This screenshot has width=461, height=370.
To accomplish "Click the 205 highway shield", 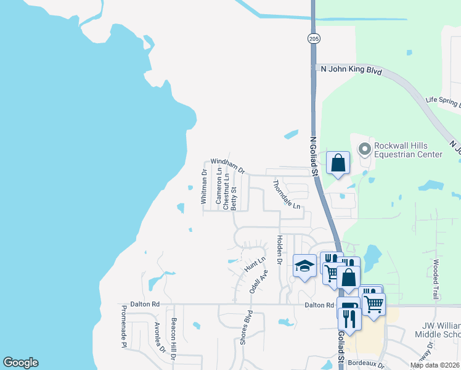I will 314,38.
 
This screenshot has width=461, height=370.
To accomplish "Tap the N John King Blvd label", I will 351,70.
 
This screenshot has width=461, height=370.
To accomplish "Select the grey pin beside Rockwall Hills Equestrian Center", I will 364,148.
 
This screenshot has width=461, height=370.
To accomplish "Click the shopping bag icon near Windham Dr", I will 338,163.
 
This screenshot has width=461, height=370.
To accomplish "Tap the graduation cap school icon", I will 304,266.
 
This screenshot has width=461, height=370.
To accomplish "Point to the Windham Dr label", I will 228,165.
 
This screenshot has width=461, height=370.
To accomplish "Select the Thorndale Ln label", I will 287,194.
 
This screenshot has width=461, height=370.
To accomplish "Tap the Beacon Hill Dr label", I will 174,340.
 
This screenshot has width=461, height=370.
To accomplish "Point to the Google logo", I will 20,363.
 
